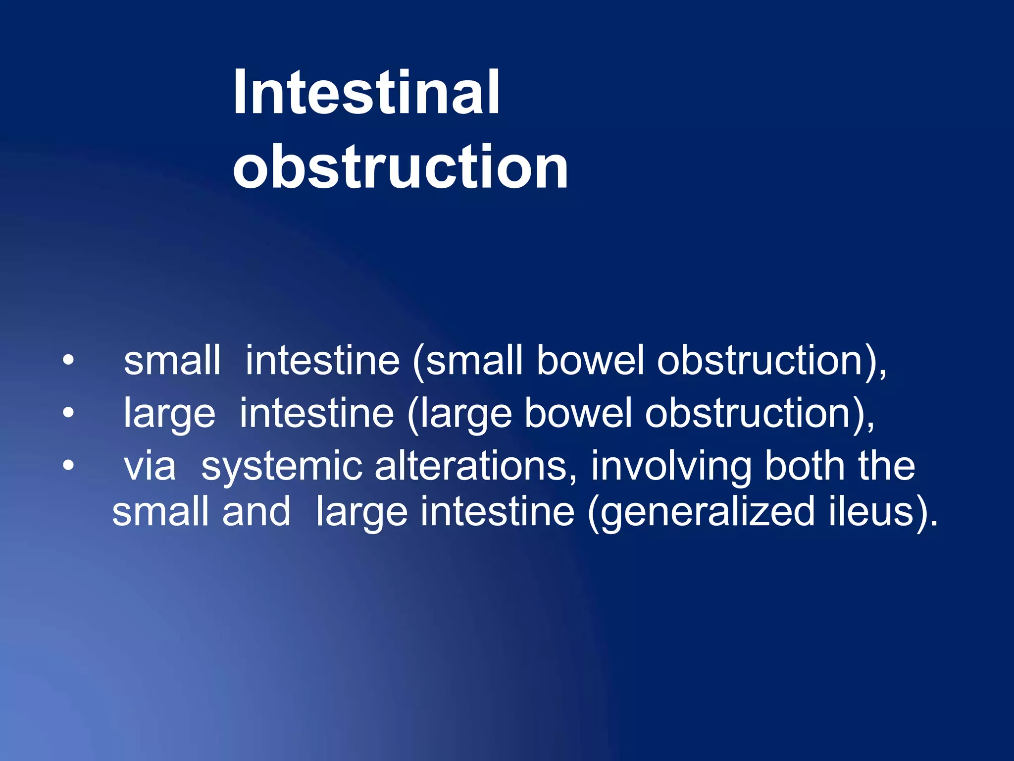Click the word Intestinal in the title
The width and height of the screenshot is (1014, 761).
pos(366,93)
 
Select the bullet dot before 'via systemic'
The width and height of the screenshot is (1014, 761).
pos(68,465)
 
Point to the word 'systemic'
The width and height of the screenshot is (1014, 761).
pos(282,467)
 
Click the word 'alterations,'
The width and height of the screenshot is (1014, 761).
pos(476,467)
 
